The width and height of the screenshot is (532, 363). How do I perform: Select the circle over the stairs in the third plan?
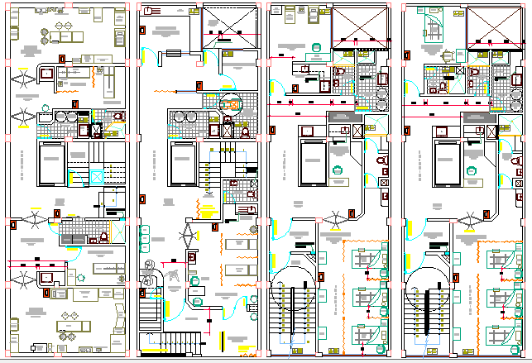coord(293,285)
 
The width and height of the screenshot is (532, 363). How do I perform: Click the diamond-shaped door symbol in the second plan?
coord(192,234)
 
